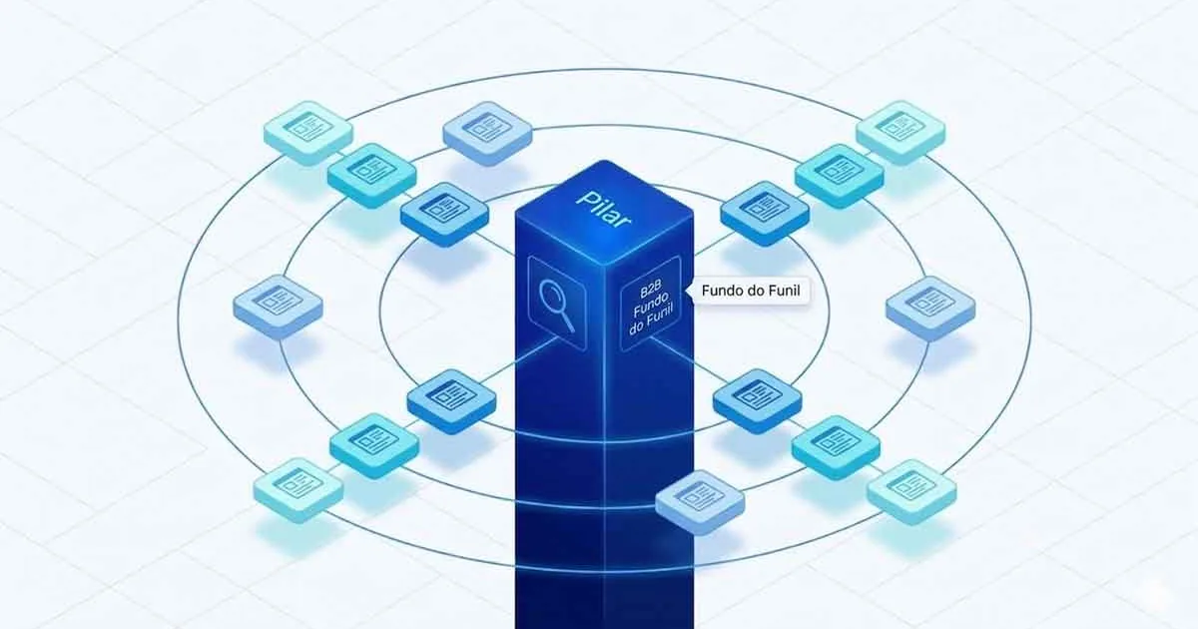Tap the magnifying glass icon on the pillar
(x=557, y=306)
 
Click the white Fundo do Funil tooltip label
(x=751, y=291)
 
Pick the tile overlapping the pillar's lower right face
(x=700, y=502)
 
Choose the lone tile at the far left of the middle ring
(x=278, y=307)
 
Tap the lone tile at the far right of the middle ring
(x=930, y=308)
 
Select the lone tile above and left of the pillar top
(x=487, y=133)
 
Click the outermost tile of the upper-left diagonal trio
(x=308, y=132)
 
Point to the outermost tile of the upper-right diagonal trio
(x=900, y=132)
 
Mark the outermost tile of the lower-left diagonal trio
(x=298, y=490)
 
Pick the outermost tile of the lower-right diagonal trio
(x=911, y=491)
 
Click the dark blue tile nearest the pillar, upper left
(x=444, y=214)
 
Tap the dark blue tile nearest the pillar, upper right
(x=765, y=213)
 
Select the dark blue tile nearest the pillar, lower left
(x=451, y=400)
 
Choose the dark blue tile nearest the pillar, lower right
(x=758, y=400)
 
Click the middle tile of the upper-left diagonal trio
(x=371, y=175)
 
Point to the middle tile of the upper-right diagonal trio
(x=840, y=176)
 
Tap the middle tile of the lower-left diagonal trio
(x=374, y=445)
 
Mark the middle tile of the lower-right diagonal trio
(x=836, y=447)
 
